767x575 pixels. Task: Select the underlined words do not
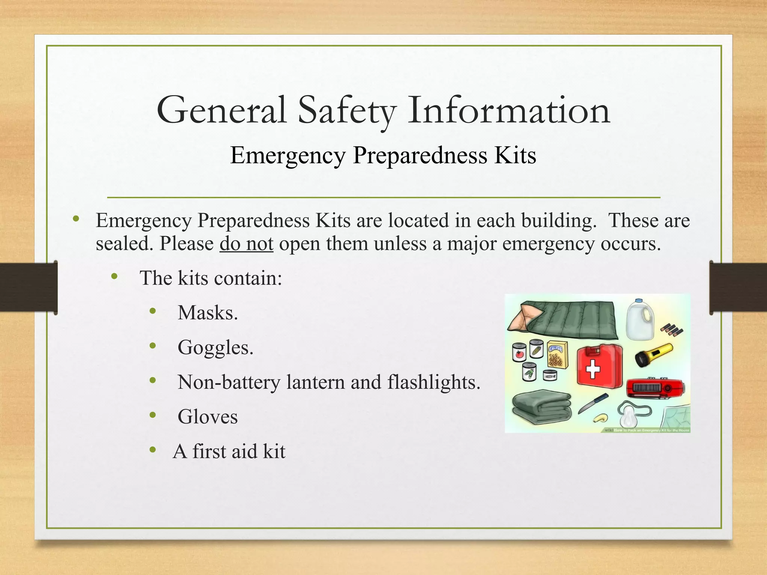pos(246,244)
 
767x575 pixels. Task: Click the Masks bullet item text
pos(207,313)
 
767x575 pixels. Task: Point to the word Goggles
pos(215,347)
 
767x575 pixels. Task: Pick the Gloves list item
pos(207,417)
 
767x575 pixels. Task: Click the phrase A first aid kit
pos(229,451)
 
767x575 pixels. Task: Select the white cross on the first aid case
pos(593,369)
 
